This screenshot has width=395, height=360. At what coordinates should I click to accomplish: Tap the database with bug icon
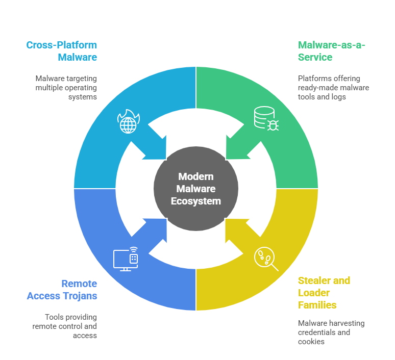266,118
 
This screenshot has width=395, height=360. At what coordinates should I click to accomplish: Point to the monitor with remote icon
126,259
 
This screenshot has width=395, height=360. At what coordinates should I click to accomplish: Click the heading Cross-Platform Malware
62,50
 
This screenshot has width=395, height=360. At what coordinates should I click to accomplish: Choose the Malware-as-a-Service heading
332,50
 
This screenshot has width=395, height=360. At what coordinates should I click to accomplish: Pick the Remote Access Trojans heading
62,290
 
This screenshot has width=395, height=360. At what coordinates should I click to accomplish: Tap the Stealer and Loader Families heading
324,293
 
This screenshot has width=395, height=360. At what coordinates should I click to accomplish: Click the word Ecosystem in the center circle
196,201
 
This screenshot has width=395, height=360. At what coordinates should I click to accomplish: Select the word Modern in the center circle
196,176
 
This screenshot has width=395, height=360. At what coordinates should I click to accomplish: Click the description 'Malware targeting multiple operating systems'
66,88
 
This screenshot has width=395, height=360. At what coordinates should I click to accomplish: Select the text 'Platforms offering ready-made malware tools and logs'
333,88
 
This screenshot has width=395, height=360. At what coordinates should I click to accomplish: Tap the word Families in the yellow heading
317,305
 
